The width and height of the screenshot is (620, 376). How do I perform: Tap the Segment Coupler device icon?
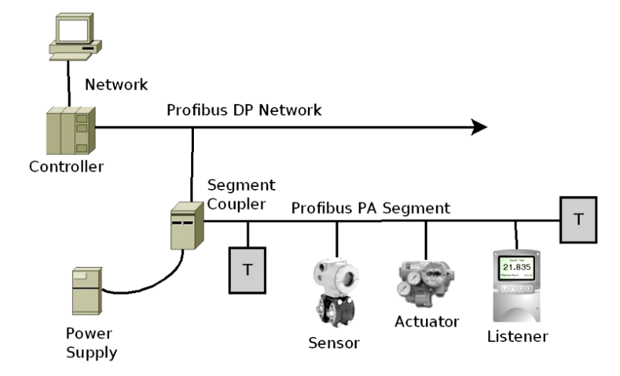(x=185, y=225)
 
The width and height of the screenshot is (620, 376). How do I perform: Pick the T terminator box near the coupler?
(x=247, y=270)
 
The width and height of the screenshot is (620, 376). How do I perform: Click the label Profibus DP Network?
(x=244, y=110)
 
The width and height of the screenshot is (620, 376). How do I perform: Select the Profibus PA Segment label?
(x=371, y=208)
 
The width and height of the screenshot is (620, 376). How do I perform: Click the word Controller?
(x=66, y=167)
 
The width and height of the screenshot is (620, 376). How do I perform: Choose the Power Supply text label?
(x=90, y=344)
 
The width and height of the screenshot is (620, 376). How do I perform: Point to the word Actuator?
(x=427, y=320)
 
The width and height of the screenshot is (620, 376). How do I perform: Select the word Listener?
(x=517, y=336)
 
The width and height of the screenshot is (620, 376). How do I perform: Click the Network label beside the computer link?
(x=116, y=84)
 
